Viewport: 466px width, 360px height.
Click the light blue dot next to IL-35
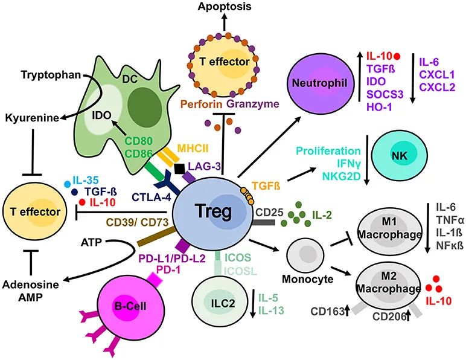(x=67, y=182)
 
